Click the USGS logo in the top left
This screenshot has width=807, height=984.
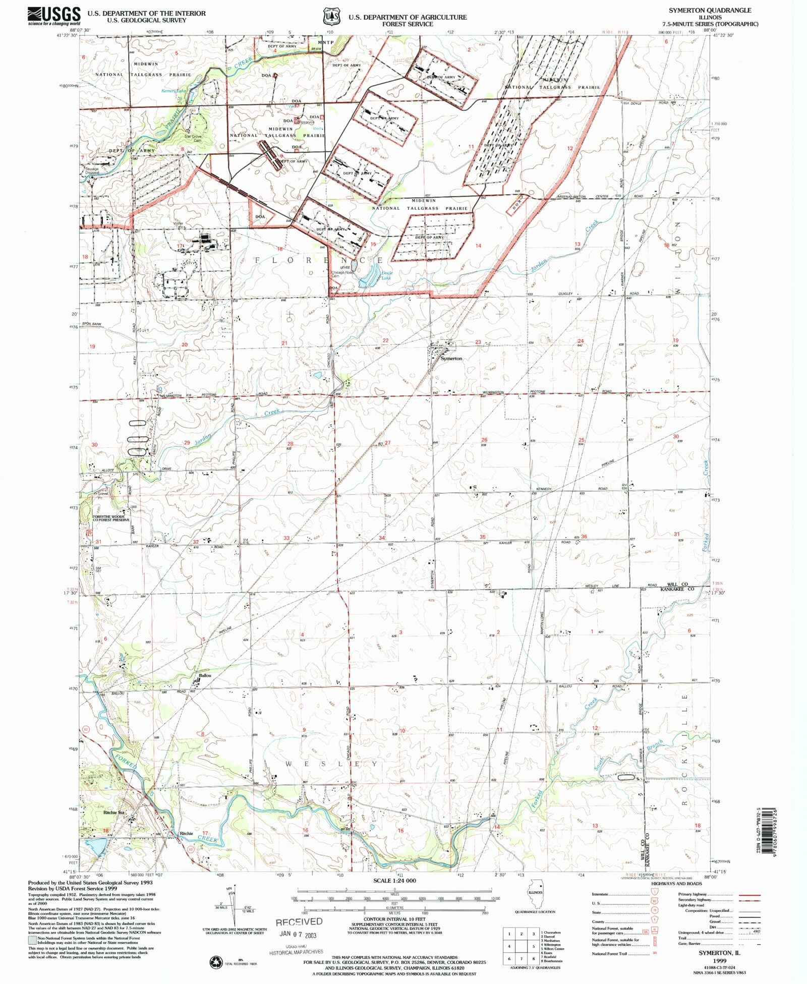(x=54, y=16)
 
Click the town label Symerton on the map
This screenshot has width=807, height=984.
(x=451, y=359)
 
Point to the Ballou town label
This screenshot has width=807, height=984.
(x=205, y=675)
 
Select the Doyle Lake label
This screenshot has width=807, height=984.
(x=386, y=275)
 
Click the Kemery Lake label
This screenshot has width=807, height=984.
(x=174, y=91)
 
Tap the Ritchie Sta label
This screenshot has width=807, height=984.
(x=113, y=813)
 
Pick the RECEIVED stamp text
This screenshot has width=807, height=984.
(x=299, y=921)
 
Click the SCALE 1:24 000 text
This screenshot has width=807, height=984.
(x=394, y=881)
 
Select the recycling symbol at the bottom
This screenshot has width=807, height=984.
(x=216, y=962)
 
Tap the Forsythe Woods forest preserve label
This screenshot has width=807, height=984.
(x=111, y=518)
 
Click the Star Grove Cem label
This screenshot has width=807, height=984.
(x=193, y=138)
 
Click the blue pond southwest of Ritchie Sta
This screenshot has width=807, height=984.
(x=94, y=845)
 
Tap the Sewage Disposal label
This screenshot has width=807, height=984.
(x=92, y=170)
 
